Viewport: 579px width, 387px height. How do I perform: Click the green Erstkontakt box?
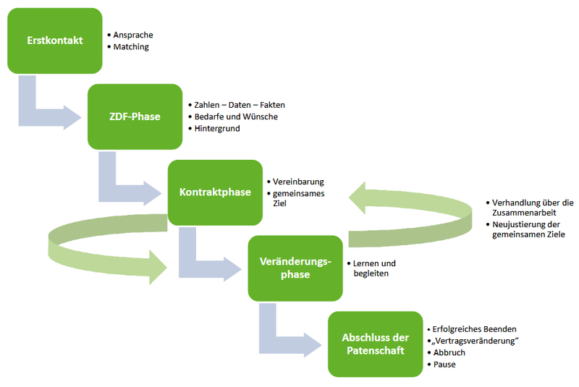54,40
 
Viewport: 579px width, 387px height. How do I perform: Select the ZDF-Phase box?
135,116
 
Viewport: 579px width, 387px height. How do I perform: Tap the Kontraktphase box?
215,192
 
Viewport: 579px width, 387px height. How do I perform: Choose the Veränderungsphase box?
295,268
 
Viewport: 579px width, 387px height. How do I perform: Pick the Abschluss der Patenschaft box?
375,344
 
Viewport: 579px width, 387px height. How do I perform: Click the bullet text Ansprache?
133,35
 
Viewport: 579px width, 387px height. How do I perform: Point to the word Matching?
131,47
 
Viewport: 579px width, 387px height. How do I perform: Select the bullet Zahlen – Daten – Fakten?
238,104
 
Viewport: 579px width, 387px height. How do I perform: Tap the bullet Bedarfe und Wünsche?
236,116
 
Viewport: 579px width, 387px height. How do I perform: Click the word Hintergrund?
217,129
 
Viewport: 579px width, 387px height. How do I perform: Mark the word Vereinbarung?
298,182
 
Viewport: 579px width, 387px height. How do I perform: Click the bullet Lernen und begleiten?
374,268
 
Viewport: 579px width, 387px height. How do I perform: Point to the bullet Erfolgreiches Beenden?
474,329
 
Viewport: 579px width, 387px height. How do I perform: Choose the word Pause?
444,365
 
